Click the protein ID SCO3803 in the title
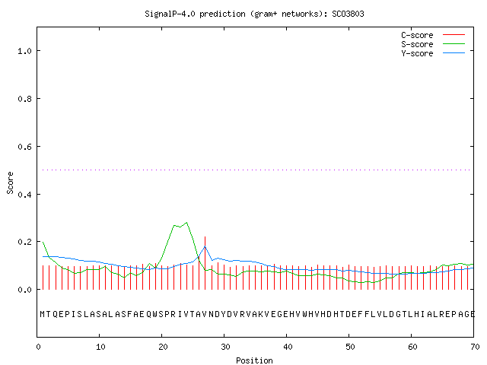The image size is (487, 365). [x=348, y=14]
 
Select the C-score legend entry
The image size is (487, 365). [x=433, y=35]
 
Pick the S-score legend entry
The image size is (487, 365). [x=433, y=44]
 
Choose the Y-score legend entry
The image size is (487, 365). [x=433, y=53]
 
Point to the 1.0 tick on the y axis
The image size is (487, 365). [x=24, y=51]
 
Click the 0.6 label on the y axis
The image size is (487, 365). [x=24, y=147]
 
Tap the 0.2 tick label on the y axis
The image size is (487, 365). [x=24, y=242]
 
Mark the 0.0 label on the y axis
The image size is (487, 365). [x=24, y=290]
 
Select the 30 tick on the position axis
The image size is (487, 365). [x=225, y=347]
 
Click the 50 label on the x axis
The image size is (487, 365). [x=350, y=347]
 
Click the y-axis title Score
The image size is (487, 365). [x=10, y=182]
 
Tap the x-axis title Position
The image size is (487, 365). [x=254, y=360]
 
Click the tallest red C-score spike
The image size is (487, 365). [x=205, y=263]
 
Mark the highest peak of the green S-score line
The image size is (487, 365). [x=186, y=223]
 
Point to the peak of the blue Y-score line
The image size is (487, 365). [x=205, y=246]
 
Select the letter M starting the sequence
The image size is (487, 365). [x=43, y=314]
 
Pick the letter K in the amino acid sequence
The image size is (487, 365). [x=261, y=314]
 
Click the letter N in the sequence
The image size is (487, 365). [x=212, y=314]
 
